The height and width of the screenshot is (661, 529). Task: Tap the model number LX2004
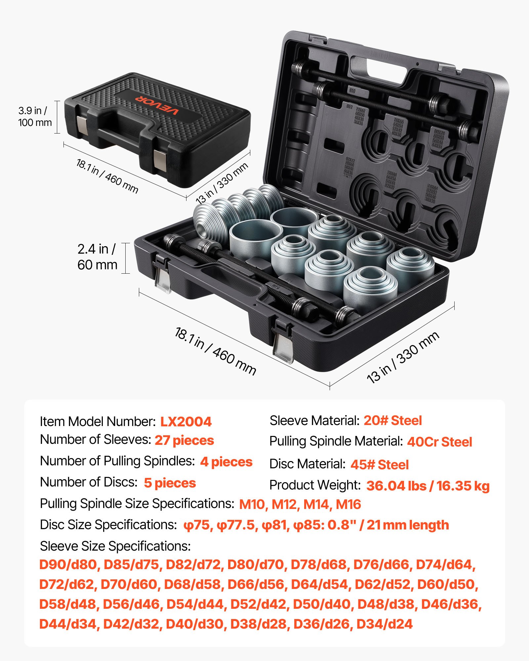pyautogui.click(x=186, y=421)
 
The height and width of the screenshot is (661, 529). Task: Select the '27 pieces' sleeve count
pyautogui.click(x=184, y=440)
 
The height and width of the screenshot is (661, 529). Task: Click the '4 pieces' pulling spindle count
pyautogui.click(x=226, y=462)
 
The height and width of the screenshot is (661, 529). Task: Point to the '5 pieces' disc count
pyautogui.click(x=170, y=483)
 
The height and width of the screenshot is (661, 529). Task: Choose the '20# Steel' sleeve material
pyautogui.click(x=393, y=420)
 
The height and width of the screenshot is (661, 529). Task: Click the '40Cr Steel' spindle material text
pyautogui.click(x=439, y=442)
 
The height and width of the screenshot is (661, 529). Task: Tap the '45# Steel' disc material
pyautogui.click(x=380, y=465)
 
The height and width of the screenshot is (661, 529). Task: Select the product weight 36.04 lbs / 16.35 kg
pyautogui.click(x=428, y=486)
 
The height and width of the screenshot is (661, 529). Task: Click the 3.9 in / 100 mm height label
pyautogui.click(x=35, y=117)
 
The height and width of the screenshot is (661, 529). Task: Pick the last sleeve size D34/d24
pyautogui.click(x=385, y=624)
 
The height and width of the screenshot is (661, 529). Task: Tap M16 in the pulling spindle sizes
pyautogui.click(x=348, y=504)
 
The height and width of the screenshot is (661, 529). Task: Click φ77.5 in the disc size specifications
pyautogui.click(x=236, y=525)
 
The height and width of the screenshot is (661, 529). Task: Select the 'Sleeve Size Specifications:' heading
pyautogui.click(x=115, y=546)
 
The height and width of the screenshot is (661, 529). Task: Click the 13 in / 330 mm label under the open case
pyautogui.click(x=403, y=358)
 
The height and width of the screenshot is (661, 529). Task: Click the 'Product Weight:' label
pyautogui.click(x=315, y=485)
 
